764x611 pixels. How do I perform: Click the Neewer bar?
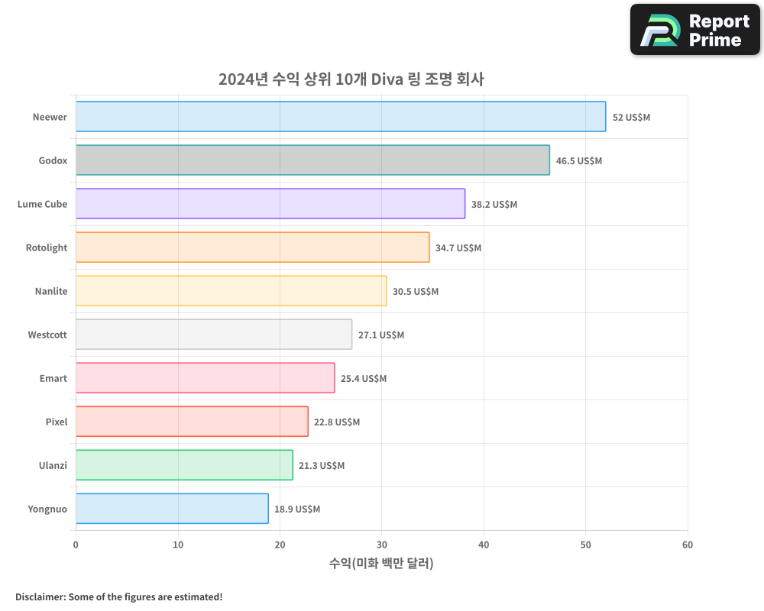click(341, 117)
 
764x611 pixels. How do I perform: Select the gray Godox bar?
click(312, 160)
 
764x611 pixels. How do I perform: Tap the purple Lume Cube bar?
click(270, 204)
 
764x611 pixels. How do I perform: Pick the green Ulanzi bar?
click(184, 465)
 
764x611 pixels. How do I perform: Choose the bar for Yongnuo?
click(172, 509)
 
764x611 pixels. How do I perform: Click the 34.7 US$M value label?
click(458, 248)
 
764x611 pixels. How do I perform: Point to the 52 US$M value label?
click(631, 118)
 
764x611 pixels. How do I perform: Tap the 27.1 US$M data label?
click(381, 335)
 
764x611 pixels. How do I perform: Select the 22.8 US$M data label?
click(337, 422)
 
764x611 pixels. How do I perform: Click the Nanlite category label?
click(51, 292)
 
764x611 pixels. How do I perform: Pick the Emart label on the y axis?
click(53, 379)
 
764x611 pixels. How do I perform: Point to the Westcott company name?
click(47, 335)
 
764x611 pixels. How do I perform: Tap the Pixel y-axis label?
click(57, 422)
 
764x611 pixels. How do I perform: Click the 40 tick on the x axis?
click(484, 545)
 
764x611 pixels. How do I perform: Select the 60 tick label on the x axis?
click(688, 545)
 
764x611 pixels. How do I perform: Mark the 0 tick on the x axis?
click(76, 545)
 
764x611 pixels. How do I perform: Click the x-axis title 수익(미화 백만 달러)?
click(381, 564)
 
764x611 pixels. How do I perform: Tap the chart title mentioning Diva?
click(351, 79)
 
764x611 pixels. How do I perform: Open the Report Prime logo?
click(695, 30)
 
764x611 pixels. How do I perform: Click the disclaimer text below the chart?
click(119, 596)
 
